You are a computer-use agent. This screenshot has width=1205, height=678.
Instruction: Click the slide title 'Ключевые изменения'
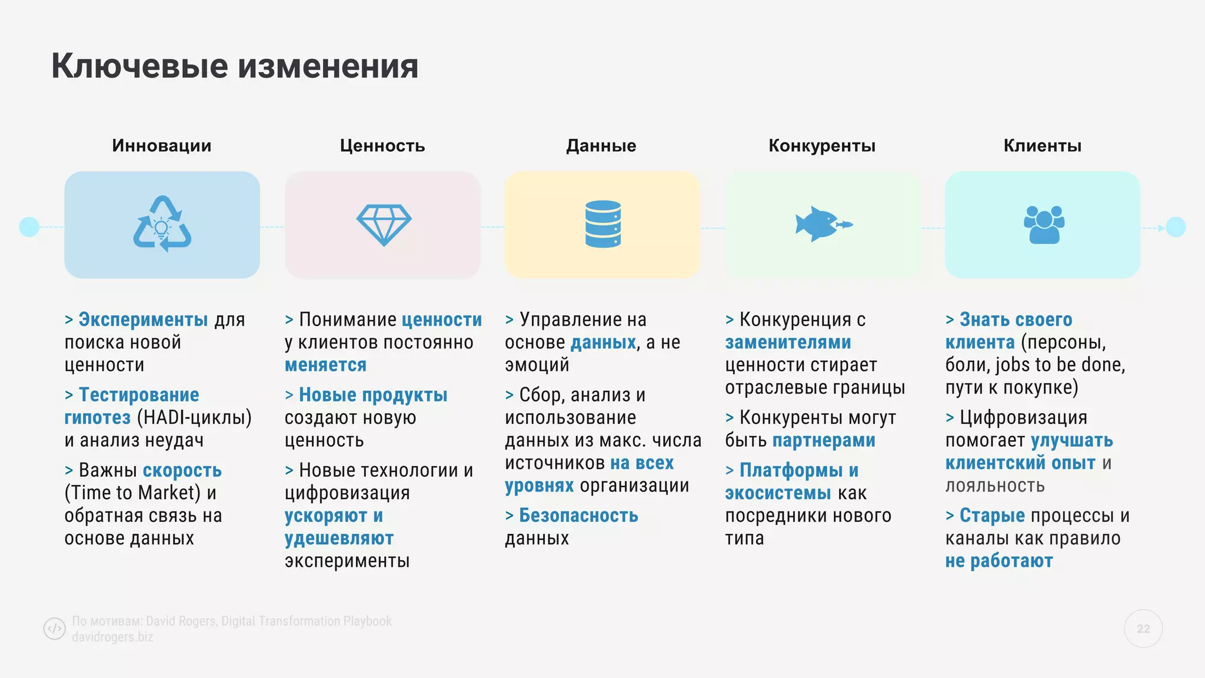(x=235, y=66)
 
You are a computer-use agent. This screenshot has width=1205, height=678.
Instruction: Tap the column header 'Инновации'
(x=162, y=145)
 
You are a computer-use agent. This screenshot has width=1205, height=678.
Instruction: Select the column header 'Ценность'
(x=382, y=145)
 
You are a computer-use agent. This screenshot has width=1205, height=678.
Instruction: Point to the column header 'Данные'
(x=601, y=145)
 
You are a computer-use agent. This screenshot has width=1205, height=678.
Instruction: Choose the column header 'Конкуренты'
(x=822, y=145)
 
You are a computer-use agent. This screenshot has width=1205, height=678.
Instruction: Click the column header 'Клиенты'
(x=1042, y=145)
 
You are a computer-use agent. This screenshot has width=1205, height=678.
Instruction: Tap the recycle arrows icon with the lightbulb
(x=162, y=224)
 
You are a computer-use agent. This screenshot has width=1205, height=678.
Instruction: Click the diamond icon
(x=384, y=225)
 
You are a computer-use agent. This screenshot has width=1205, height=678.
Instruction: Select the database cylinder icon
(x=603, y=224)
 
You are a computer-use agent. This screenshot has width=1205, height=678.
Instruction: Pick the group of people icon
(x=1044, y=224)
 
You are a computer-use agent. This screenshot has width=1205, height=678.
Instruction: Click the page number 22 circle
(x=1143, y=629)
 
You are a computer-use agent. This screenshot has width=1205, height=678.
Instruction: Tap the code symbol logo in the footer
(x=55, y=629)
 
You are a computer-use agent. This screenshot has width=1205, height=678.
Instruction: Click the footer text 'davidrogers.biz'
(x=112, y=637)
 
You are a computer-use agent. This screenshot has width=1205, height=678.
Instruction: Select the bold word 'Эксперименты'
(x=143, y=320)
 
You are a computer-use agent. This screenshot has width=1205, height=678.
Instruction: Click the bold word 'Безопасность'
(x=578, y=516)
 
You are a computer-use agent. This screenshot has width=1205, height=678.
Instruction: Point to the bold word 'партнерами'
(x=824, y=441)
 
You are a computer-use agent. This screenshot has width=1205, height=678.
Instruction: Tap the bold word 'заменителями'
(x=788, y=343)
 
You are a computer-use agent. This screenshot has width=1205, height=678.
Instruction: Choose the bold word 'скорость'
(x=182, y=470)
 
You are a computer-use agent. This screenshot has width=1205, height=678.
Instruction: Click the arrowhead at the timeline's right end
(x=1161, y=228)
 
